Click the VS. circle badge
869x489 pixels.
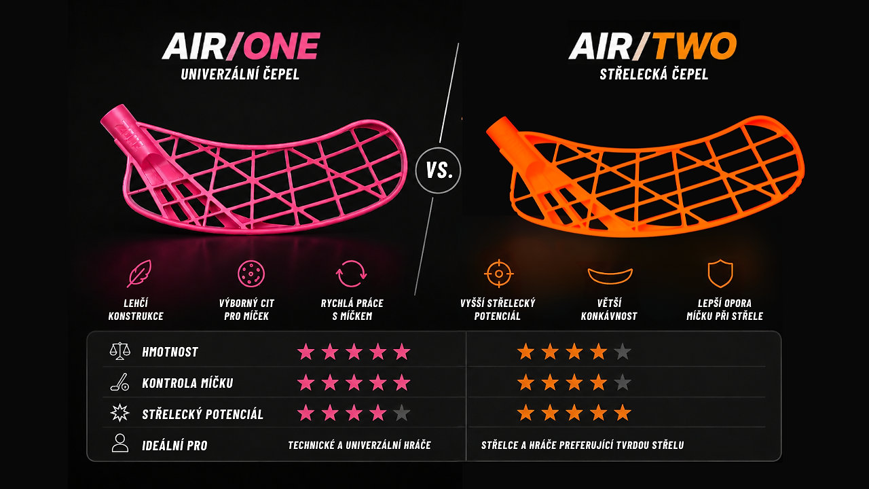439,170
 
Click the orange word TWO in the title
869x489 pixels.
695,46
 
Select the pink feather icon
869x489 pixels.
139,273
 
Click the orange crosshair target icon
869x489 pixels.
499,274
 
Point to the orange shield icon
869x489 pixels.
720,274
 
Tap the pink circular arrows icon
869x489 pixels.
351,274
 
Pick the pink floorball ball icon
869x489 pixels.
251,274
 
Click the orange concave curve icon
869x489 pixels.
610,276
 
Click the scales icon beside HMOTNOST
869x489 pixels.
120,351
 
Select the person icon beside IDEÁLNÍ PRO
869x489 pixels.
120,443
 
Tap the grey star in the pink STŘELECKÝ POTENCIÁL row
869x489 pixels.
401,413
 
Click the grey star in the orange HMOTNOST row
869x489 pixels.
623,352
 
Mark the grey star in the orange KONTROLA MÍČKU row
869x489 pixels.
623,382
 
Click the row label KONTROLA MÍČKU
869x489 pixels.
187,384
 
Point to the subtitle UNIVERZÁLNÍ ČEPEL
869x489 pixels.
240,74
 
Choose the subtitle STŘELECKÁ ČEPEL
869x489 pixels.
654,74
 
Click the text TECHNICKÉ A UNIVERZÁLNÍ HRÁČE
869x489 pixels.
359,445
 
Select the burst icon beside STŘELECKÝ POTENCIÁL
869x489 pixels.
120,413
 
